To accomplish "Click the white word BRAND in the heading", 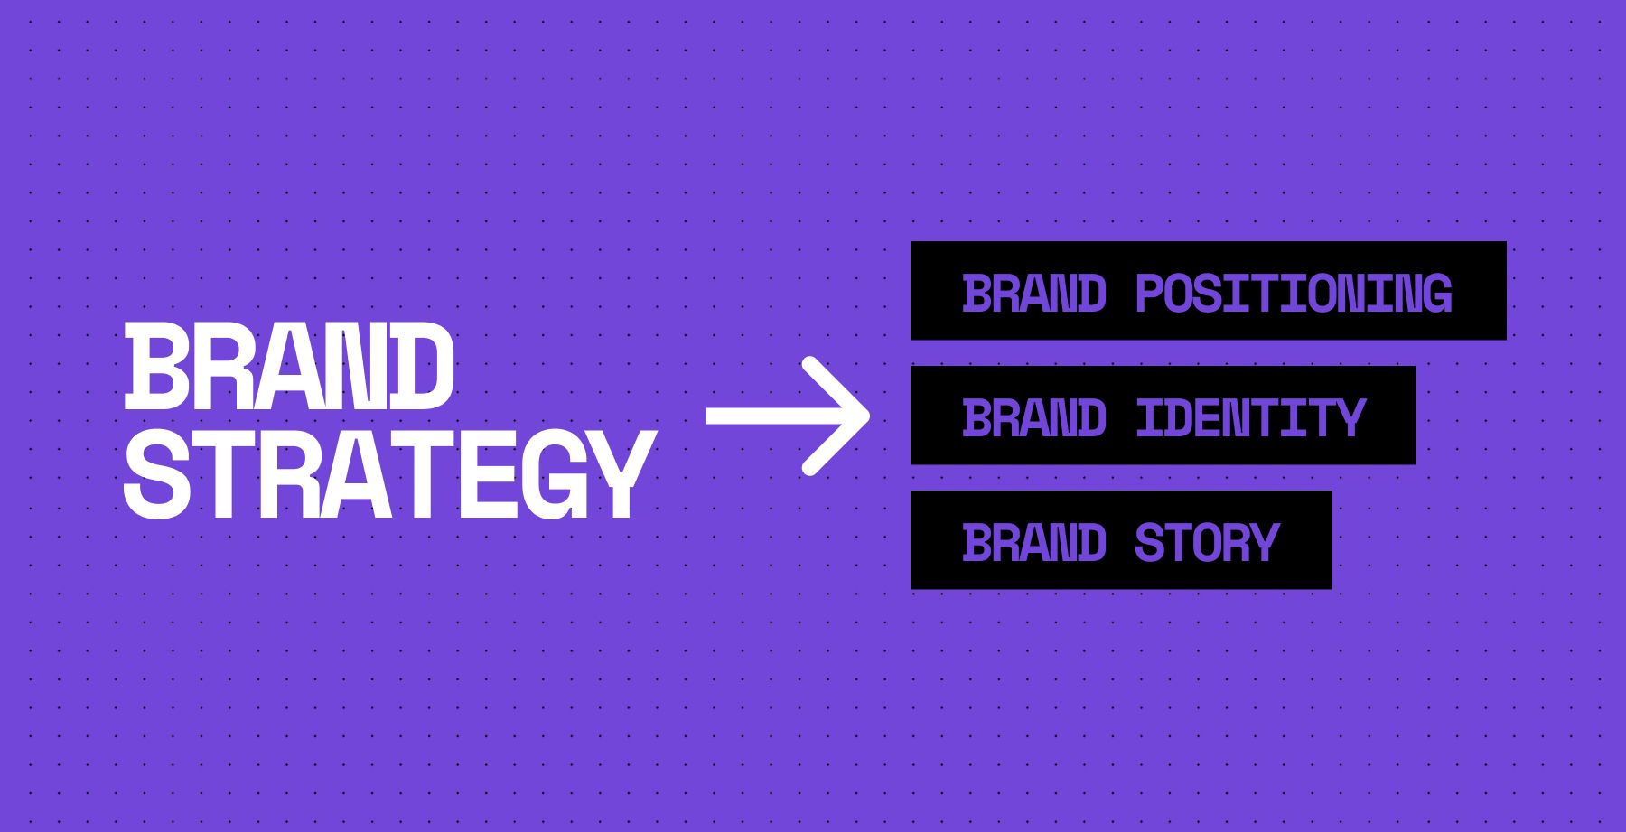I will click(x=289, y=367).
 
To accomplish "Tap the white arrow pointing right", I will click(x=787, y=416).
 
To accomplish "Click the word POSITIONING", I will click(x=1293, y=294).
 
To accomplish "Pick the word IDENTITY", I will click(x=1250, y=417).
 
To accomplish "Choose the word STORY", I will click(x=1207, y=542).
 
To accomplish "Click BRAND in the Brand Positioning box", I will click(x=1034, y=294).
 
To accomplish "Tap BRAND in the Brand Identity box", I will click(x=1034, y=417).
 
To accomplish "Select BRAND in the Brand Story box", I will click(x=1034, y=542).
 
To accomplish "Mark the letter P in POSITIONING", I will click(x=1151, y=294).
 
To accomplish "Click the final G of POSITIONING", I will click(x=1434, y=294).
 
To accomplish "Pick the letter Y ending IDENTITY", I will click(x=1349, y=417).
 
